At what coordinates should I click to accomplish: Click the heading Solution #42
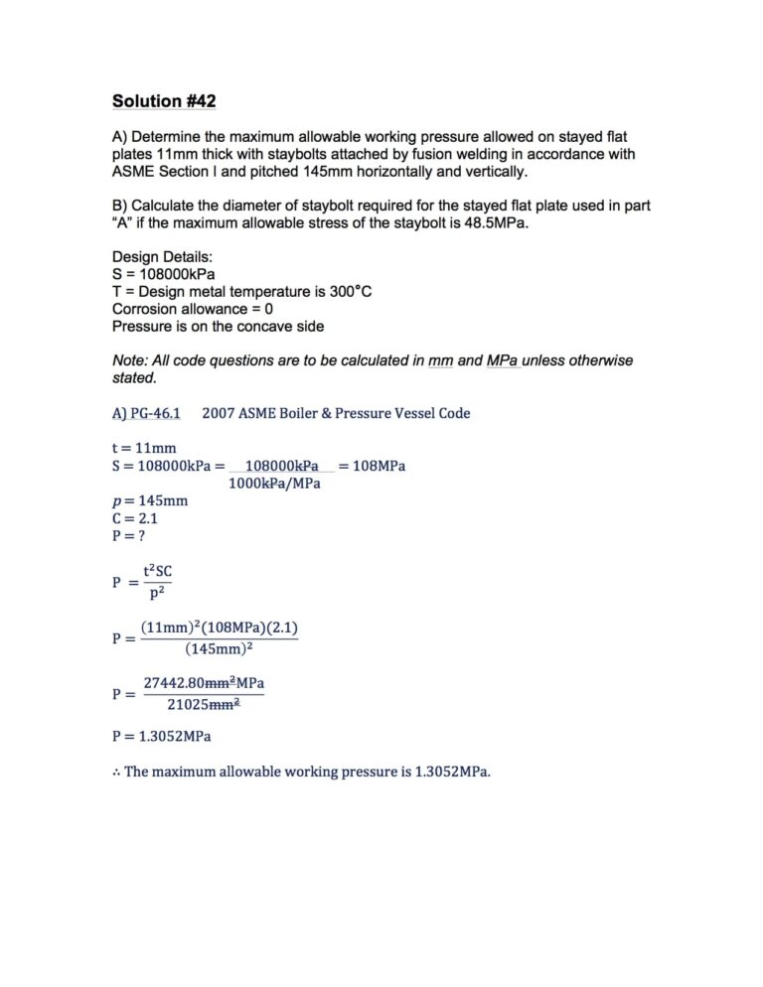pyautogui.click(x=163, y=101)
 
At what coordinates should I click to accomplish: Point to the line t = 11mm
pyautogui.click(x=144, y=448)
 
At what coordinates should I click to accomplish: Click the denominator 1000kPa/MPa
pyautogui.click(x=274, y=484)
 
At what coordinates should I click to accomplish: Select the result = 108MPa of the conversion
pyautogui.click(x=372, y=466)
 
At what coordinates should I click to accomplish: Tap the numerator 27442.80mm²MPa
pyautogui.click(x=204, y=683)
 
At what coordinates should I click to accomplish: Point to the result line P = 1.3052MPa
pyautogui.click(x=161, y=737)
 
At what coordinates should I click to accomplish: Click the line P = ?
pyautogui.click(x=129, y=534)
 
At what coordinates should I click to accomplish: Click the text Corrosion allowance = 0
pyautogui.click(x=193, y=309)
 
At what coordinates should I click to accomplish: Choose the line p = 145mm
pyautogui.click(x=149, y=500)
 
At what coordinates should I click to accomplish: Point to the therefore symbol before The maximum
pyautogui.click(x=115, y=771)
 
